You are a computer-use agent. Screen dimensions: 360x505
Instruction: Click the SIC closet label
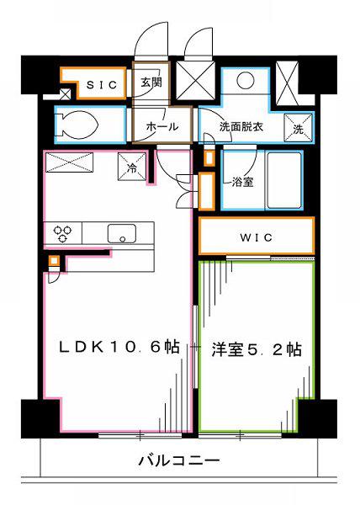click(x=102, y=85)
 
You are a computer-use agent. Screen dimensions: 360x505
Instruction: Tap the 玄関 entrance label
click(x=151, y=82)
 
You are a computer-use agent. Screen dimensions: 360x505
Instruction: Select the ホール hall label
click(x=162, y=126)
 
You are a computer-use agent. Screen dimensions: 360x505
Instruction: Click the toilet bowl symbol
click(x=80, y=125)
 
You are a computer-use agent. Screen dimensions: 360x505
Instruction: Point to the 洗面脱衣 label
click(x=241, y=127)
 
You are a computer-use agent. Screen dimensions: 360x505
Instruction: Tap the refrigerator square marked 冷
click(x=132, y=167)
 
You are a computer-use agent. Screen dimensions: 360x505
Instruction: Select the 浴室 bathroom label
click(x=242, y=183)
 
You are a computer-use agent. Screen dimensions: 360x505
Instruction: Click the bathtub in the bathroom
click(x=284, y=180)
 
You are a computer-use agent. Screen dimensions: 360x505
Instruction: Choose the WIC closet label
click(x=256, y=237)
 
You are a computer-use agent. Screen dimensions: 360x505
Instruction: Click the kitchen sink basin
click(x=122, y=233)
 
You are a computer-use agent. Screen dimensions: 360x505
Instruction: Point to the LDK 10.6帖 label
click(x=119, y=347)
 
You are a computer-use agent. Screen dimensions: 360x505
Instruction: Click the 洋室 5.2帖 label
click(x=257, y=349)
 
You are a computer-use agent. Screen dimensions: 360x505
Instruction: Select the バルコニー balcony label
click(x=179, y=460)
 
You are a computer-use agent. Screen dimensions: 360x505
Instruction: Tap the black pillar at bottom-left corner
click(x=40, y=418)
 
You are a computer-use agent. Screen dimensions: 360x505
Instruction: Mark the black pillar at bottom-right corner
click(x=317, y=418)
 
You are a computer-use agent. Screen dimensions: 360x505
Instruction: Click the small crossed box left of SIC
click(x=66, y=94)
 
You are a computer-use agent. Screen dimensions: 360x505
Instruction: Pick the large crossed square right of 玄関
click(x=195, y=80)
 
